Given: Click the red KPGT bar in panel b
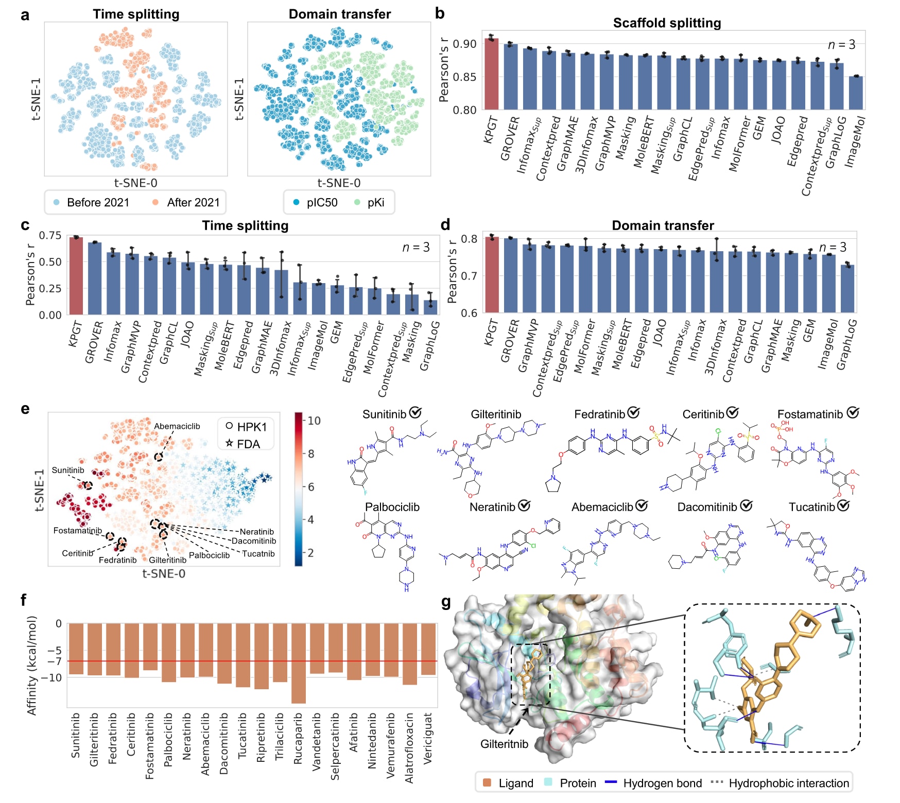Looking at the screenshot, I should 491,74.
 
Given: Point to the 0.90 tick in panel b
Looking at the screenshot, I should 464,44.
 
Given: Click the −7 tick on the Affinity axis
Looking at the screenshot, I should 55,661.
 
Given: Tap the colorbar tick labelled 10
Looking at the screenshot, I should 314,421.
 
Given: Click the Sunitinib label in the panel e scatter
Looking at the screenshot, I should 68,470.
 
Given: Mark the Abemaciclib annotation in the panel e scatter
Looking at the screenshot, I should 177,426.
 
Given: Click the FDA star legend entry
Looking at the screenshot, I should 243,444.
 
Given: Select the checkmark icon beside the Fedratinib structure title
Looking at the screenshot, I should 634,413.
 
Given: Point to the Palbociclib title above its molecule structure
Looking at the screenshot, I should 392,507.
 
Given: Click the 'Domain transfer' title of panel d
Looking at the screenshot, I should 662,225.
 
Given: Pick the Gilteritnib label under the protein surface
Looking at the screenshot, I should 504,744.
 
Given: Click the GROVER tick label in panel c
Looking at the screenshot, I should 94,342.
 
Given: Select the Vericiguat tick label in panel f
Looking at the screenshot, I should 428,738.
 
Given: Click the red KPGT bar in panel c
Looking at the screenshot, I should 76,276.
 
